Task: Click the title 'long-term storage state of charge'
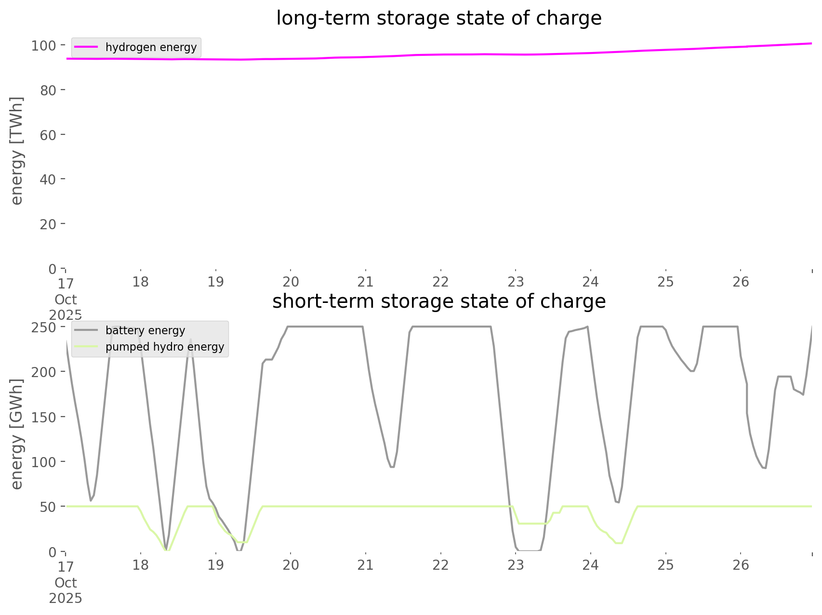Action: (x=438, y=18)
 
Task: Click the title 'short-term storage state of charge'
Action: (x=438, y=301)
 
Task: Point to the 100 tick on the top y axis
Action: (x=44, y=46)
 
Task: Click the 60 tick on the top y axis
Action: (x=48, y=135)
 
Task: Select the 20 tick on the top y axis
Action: (x=48, y=224)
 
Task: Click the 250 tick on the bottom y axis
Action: (x=44, y=327)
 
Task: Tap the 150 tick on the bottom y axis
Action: (x=44, y=417)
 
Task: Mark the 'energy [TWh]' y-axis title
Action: (x=17, y=151)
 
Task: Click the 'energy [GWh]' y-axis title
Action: (x=17, y=434)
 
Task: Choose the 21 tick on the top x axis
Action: (x=366, y=282)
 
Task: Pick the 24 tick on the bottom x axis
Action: (x=591, y=564)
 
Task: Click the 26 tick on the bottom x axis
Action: (x=741, y=564)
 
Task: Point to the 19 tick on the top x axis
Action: (x=216, y=282)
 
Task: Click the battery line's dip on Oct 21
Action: (x=392, y=467)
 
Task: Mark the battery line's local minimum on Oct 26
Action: (x=764, y=468)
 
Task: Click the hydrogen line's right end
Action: (x=811, y=43)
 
